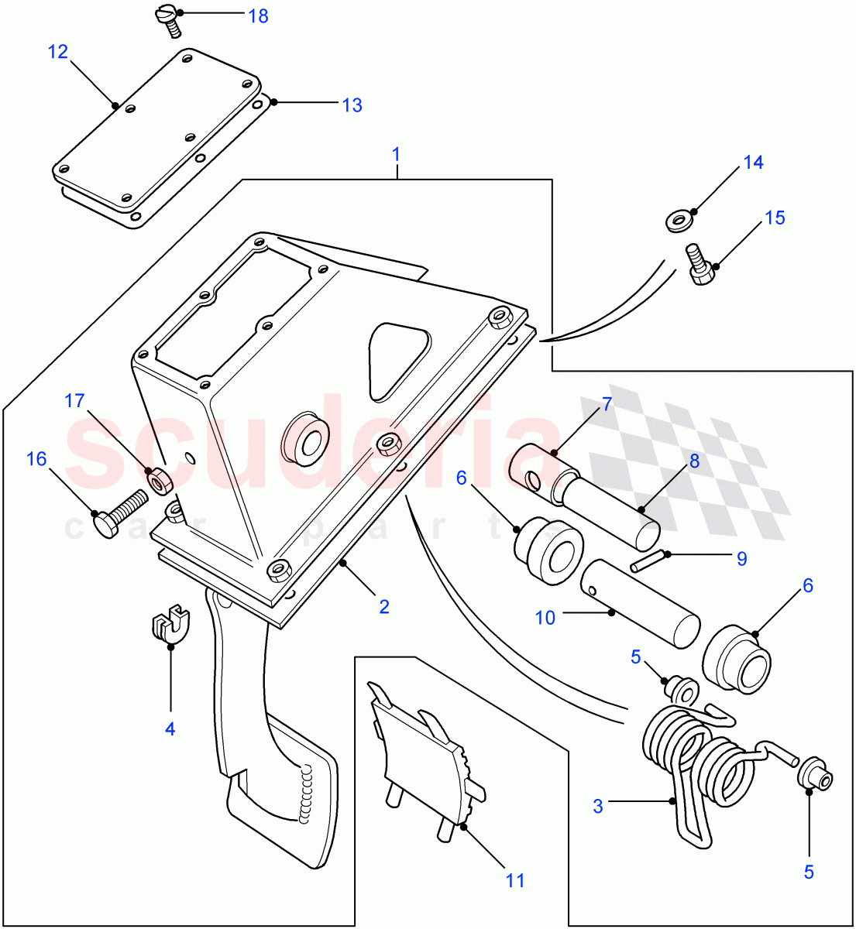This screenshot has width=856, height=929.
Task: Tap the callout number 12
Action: [58, 52]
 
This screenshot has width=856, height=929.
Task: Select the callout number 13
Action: [352, 105]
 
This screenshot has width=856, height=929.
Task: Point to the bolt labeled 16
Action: [119, 512]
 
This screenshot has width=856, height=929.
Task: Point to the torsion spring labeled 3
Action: [697, 766]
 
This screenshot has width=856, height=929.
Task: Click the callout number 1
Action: [397, 154]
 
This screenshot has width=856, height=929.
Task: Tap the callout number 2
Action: [384, 607]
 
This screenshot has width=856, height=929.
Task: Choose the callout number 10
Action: [545, 618]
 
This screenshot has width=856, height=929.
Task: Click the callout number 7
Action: [607, 403]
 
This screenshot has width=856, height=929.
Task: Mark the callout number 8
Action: [694, 461]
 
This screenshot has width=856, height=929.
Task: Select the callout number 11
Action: [515, 880]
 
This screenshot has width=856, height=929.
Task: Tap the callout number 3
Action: [597, 806]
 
